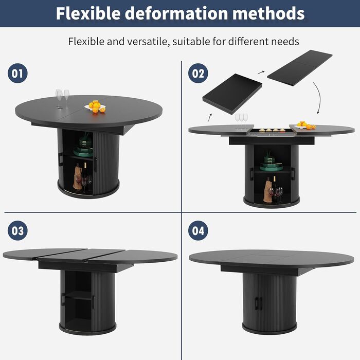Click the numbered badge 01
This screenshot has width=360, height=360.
(17, 73)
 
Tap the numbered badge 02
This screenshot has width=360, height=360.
(198, 73)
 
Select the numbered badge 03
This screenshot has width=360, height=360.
(17, 230)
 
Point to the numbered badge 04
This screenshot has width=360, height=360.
(198, 230)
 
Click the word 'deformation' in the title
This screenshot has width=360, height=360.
(176, 13)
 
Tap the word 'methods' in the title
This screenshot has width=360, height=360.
(268, 13)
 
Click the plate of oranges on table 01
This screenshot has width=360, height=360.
(95, 106)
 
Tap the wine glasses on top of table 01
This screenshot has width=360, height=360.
(62, 99)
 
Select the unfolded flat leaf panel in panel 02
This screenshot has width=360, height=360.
(300, 68)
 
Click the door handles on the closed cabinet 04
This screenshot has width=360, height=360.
(259, 303)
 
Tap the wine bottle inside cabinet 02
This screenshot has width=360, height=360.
(275, 189)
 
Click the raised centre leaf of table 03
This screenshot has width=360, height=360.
(81, 256)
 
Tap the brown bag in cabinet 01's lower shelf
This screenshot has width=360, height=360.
(77, 178)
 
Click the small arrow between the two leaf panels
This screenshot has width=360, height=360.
(261, 73)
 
